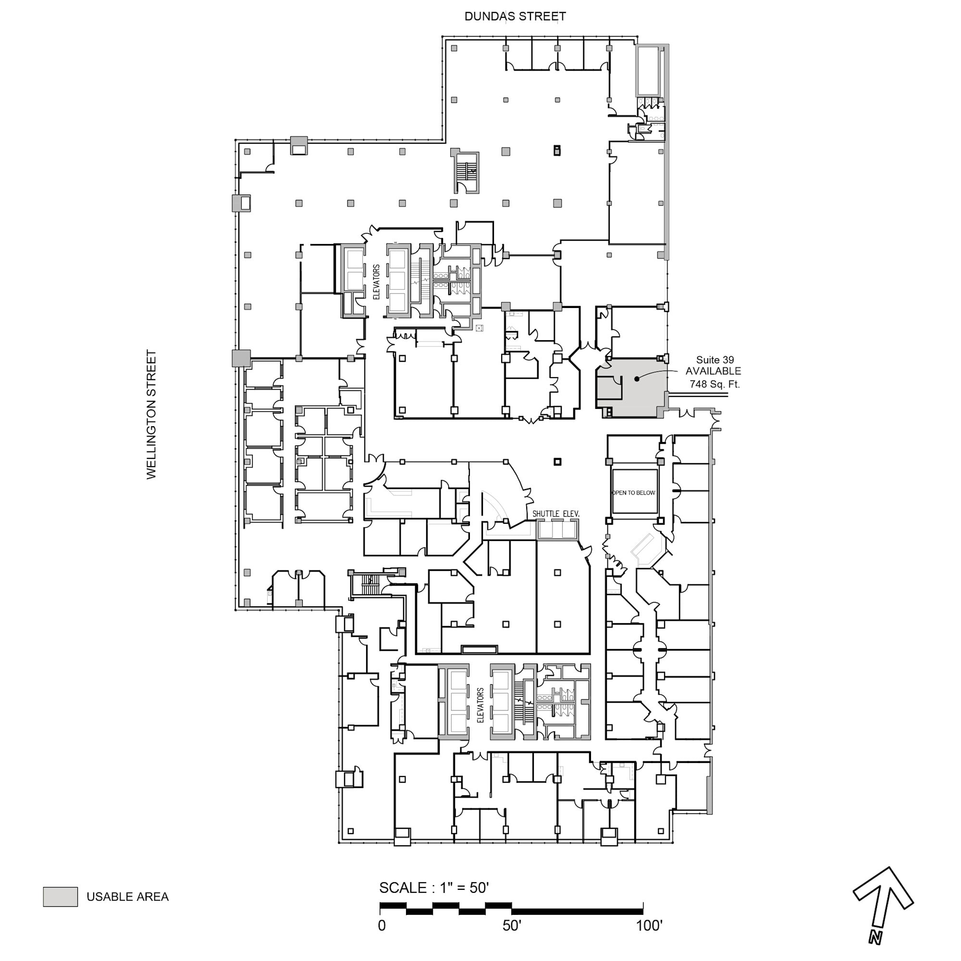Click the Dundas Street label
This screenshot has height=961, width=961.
point(515,16)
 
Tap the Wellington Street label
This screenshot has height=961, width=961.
point(151,415)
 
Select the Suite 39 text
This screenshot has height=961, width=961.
point(715,359)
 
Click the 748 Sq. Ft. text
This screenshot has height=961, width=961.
point(715,384)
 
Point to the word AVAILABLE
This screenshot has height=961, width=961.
point(713,371)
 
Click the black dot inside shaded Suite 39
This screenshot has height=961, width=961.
point(637,379)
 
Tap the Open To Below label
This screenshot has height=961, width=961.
point(634,493)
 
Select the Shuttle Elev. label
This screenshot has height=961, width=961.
point(555,514)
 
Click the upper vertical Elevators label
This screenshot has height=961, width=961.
point(377,282)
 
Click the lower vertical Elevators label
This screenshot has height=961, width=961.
point(480,705)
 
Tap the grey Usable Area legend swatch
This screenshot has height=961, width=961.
point(60,897)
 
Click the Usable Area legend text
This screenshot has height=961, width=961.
point(128,897)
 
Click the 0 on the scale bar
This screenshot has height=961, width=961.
point(382,926)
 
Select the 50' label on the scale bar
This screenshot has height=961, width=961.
point(512,926)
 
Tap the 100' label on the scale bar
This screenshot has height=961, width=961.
point(649,926)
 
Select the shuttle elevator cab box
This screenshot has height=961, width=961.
point(557,530)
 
